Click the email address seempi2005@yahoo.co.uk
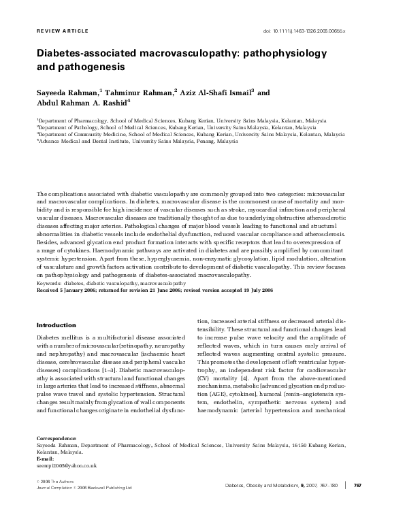pos(66,465)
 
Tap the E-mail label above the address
pos(45,459)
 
